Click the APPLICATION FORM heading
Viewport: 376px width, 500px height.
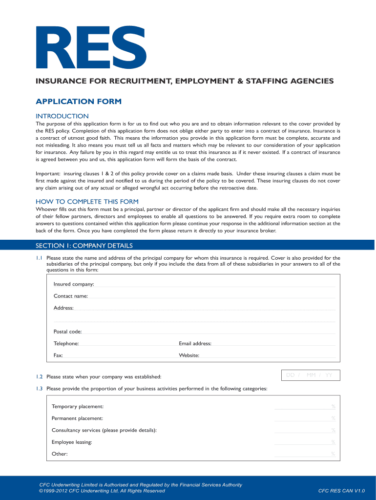click(79, 102)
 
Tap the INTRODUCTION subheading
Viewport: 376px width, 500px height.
click(62, 116)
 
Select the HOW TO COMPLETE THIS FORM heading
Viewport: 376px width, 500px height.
click(87, 202)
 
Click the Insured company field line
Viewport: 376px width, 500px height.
click(215, 285)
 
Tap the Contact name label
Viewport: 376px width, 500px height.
click(70, 296)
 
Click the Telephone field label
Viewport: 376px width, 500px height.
click(66, 344)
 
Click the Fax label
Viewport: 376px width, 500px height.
click(58, 355)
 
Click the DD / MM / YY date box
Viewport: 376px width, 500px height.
click(311, 375)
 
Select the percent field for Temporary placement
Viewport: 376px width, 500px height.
click(305, 407)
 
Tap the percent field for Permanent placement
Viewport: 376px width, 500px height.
click(305, 419)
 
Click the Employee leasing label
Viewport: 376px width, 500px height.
click(72, 442)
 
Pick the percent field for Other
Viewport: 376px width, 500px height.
click(305, 455)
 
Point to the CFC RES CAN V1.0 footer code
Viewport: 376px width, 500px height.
click(341, 491)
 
